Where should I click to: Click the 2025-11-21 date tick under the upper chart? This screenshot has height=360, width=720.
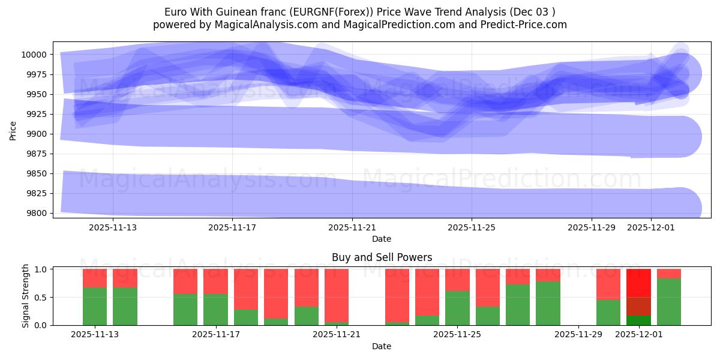click(x=352, y=228)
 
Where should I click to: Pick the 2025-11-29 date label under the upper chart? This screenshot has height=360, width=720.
click(x=592, y=228)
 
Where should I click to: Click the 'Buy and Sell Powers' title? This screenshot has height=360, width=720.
click(x=382, y=257)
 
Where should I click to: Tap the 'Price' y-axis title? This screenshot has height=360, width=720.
click(x=13, y=130)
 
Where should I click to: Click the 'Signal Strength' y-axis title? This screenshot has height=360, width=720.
click(x=25, y=296)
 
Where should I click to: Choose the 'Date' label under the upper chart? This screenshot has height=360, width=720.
click(x=382, y=239)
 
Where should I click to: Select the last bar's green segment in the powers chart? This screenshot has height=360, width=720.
click(x=669, y=302)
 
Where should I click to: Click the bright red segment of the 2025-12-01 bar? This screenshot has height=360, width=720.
click(x=638, y=283)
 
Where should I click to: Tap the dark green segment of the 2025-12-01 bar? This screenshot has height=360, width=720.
click(x=638, y=320)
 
